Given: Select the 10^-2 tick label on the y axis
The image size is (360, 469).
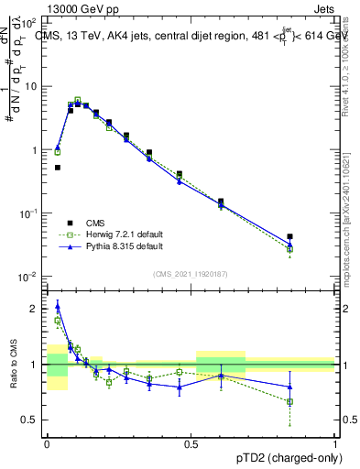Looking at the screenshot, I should (29, 277).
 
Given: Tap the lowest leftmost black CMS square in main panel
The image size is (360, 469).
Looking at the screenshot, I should (58, 168).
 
